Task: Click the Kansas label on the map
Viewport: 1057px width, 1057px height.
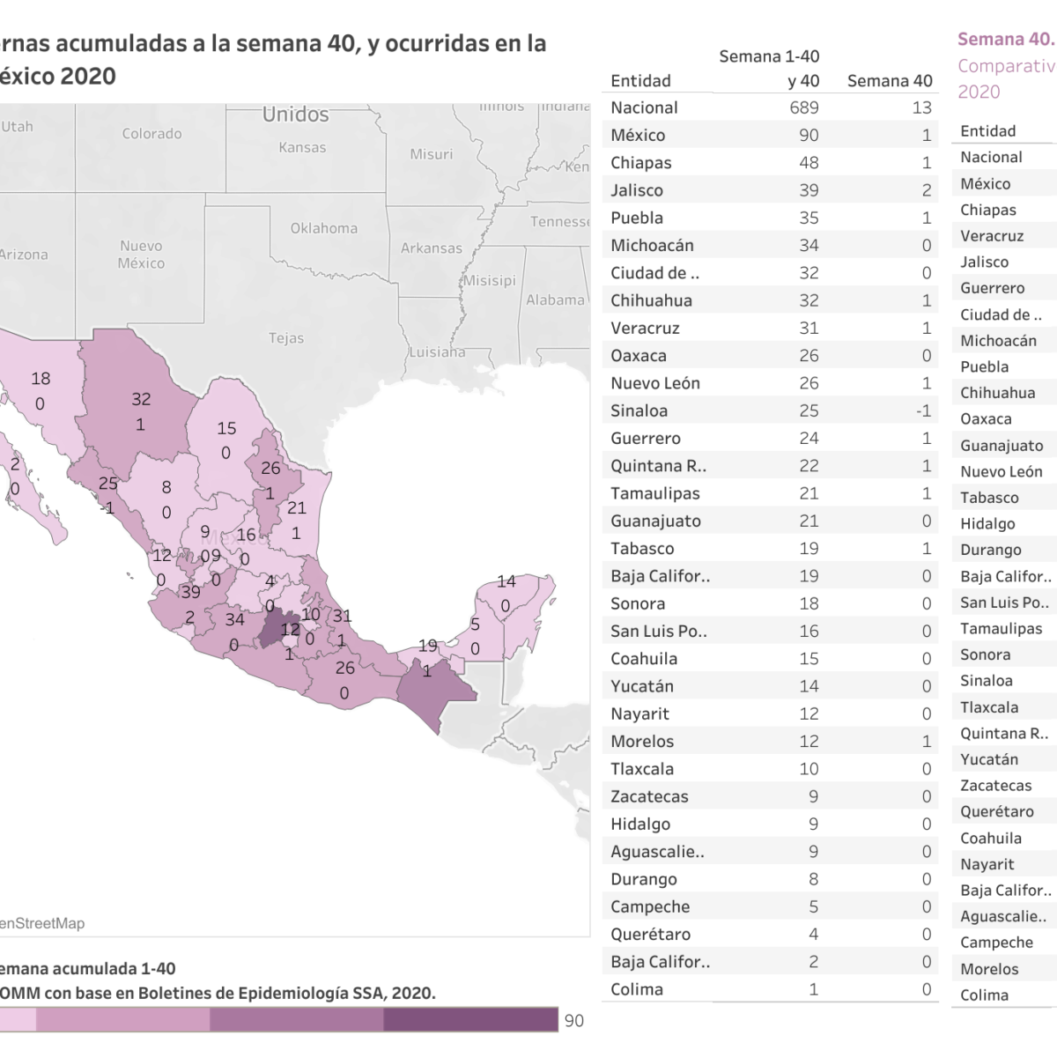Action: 302,147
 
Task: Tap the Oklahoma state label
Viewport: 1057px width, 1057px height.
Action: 324,228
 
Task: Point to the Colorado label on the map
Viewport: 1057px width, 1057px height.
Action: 152,134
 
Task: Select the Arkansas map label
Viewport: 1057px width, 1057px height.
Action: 431,248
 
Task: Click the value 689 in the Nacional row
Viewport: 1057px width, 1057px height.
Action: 804,107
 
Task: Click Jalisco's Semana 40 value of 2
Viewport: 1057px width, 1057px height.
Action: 926,190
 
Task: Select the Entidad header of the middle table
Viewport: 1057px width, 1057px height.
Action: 640,81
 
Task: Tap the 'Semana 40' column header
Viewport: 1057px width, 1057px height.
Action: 890,81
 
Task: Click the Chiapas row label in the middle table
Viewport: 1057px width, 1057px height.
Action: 640,163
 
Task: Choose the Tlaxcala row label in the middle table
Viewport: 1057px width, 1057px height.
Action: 642,769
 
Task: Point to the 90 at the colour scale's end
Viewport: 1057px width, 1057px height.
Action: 573,1021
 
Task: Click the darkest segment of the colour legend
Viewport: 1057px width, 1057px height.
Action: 470,1019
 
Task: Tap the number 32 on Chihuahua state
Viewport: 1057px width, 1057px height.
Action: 141,399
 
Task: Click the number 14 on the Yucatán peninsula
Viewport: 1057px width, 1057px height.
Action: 506,581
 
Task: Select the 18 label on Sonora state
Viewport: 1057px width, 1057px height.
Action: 41,379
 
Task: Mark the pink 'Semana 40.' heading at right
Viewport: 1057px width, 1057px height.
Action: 1004,39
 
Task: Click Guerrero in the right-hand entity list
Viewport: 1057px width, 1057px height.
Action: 992,288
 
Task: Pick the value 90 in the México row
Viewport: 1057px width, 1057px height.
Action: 809,136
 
